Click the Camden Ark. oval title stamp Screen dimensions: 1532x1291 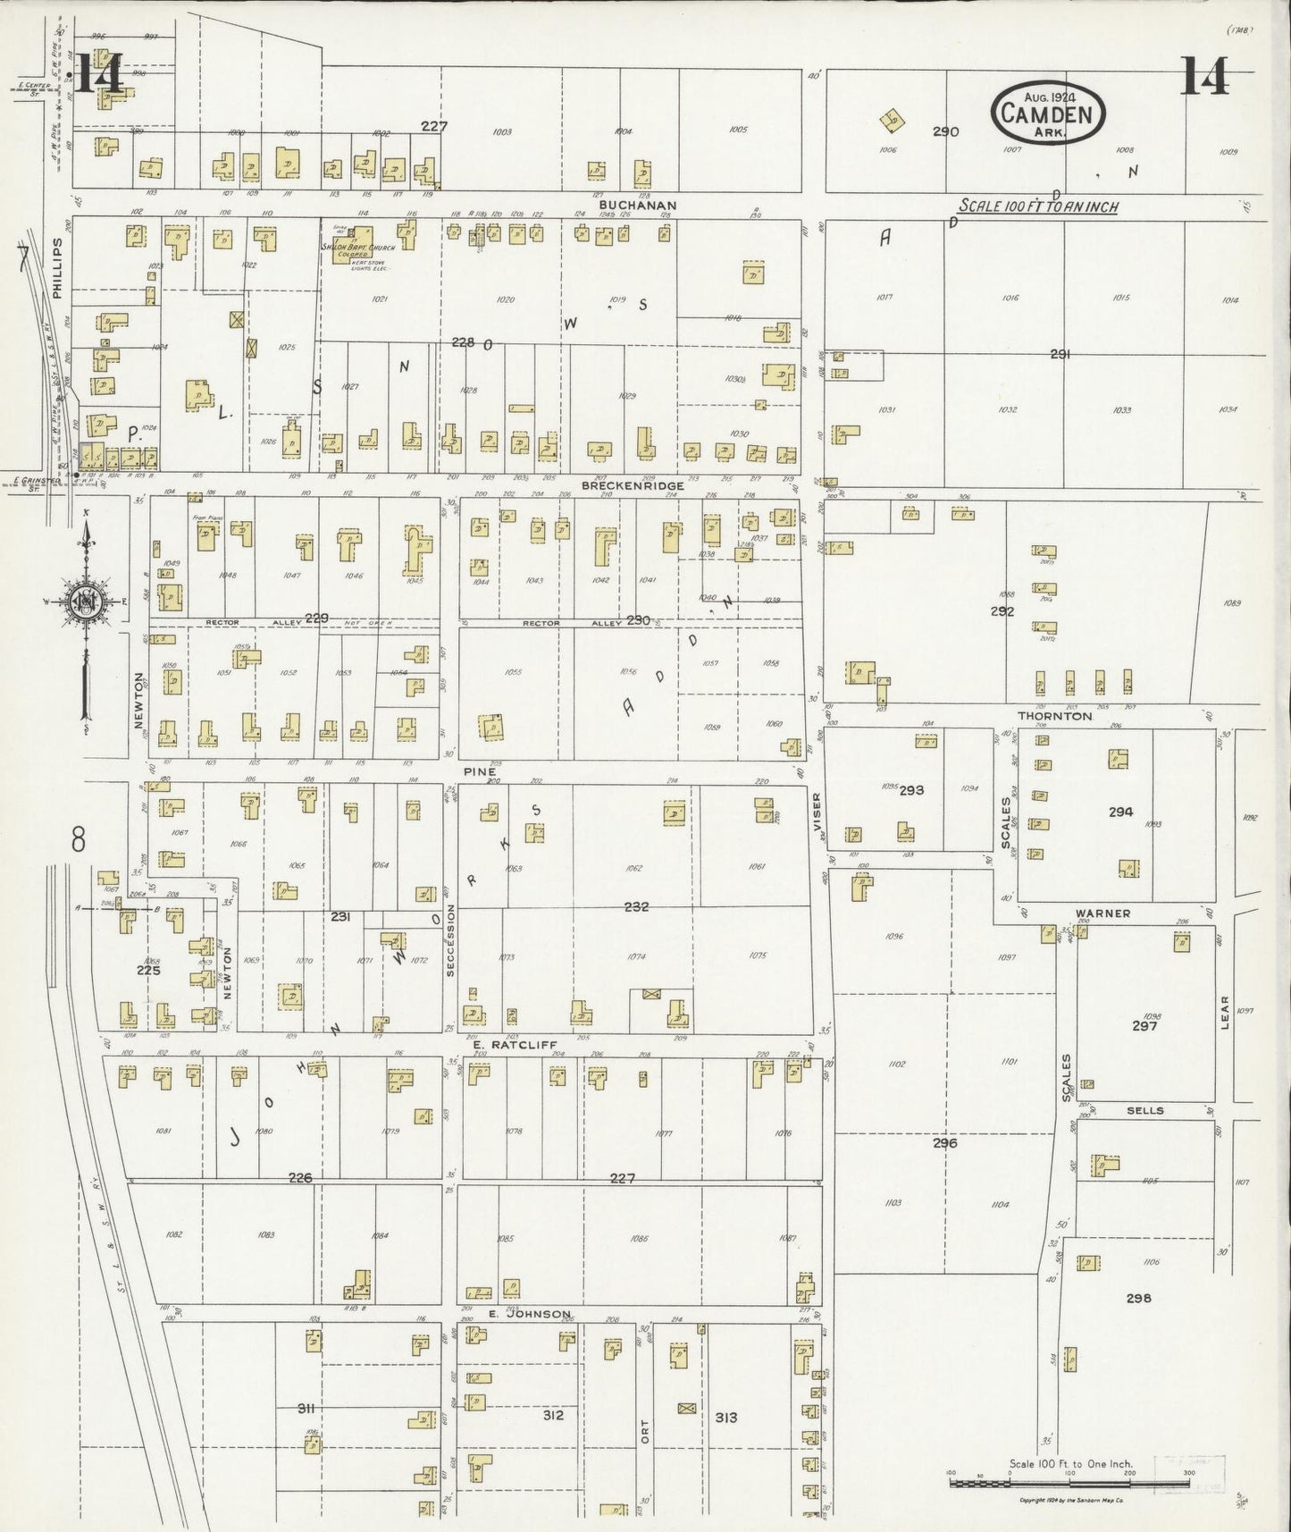tap(1048, 113)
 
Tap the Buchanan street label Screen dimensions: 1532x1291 tap(638, 205)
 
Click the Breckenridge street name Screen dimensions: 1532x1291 tap(633, 485)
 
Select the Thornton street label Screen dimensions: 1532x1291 tap(1054, 716)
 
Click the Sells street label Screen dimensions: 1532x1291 tap(1144, 1110)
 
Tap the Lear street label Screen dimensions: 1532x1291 tap(1225, 1012)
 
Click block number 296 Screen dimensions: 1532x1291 tap(944, 1143)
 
